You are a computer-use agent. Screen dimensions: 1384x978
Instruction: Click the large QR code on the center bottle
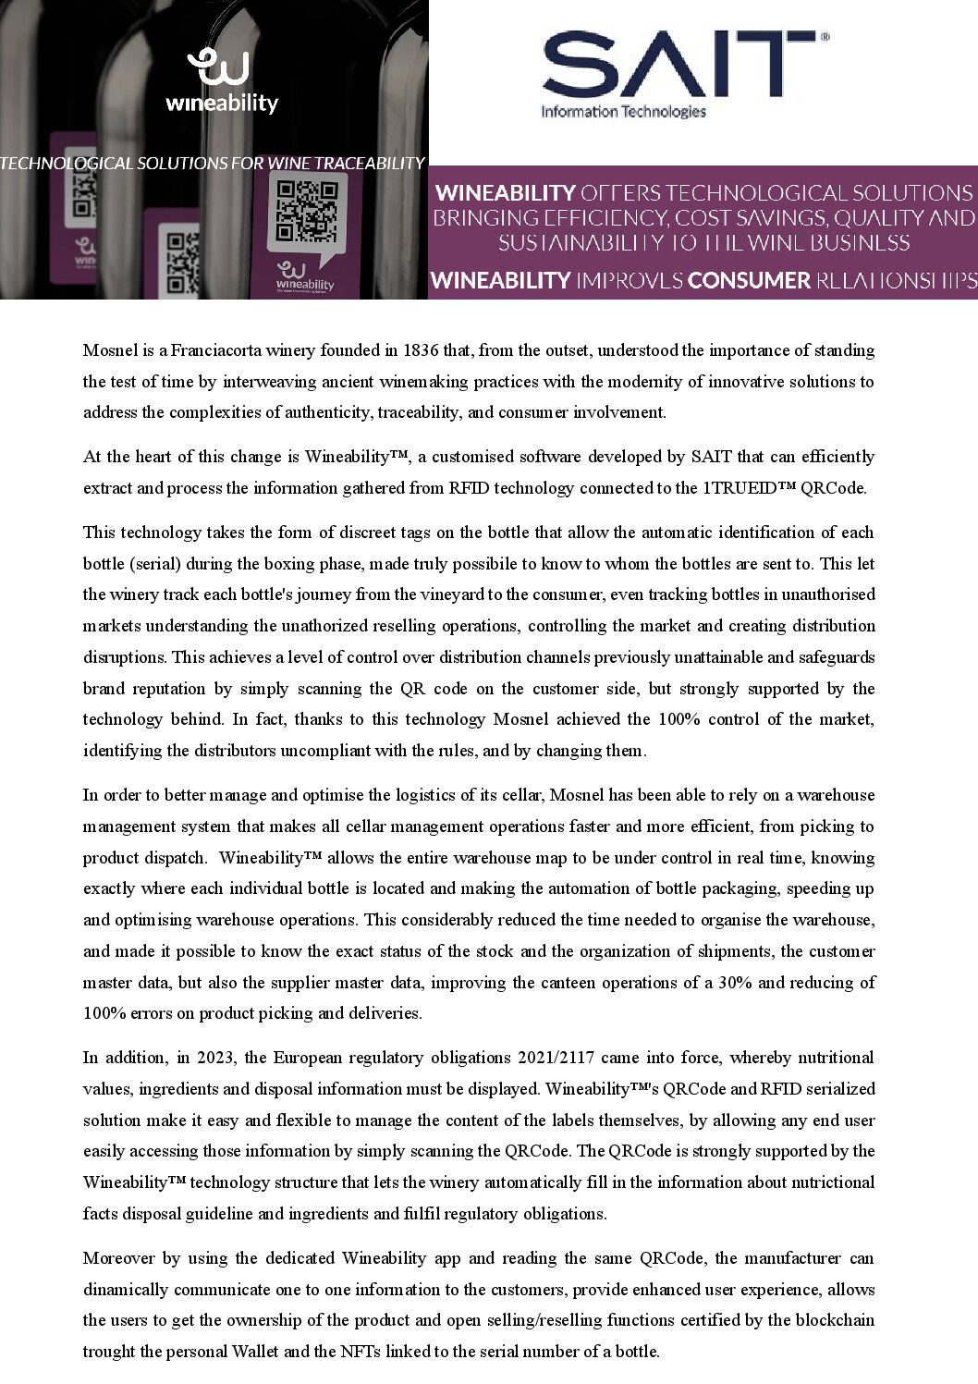pyautogui.click(x=308, y=212)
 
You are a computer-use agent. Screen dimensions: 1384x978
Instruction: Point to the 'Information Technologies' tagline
pyautogui.click(x=623, y=112)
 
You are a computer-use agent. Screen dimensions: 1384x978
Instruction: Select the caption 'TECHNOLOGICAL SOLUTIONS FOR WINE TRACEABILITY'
pyautogui.click(x=212, y=164)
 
